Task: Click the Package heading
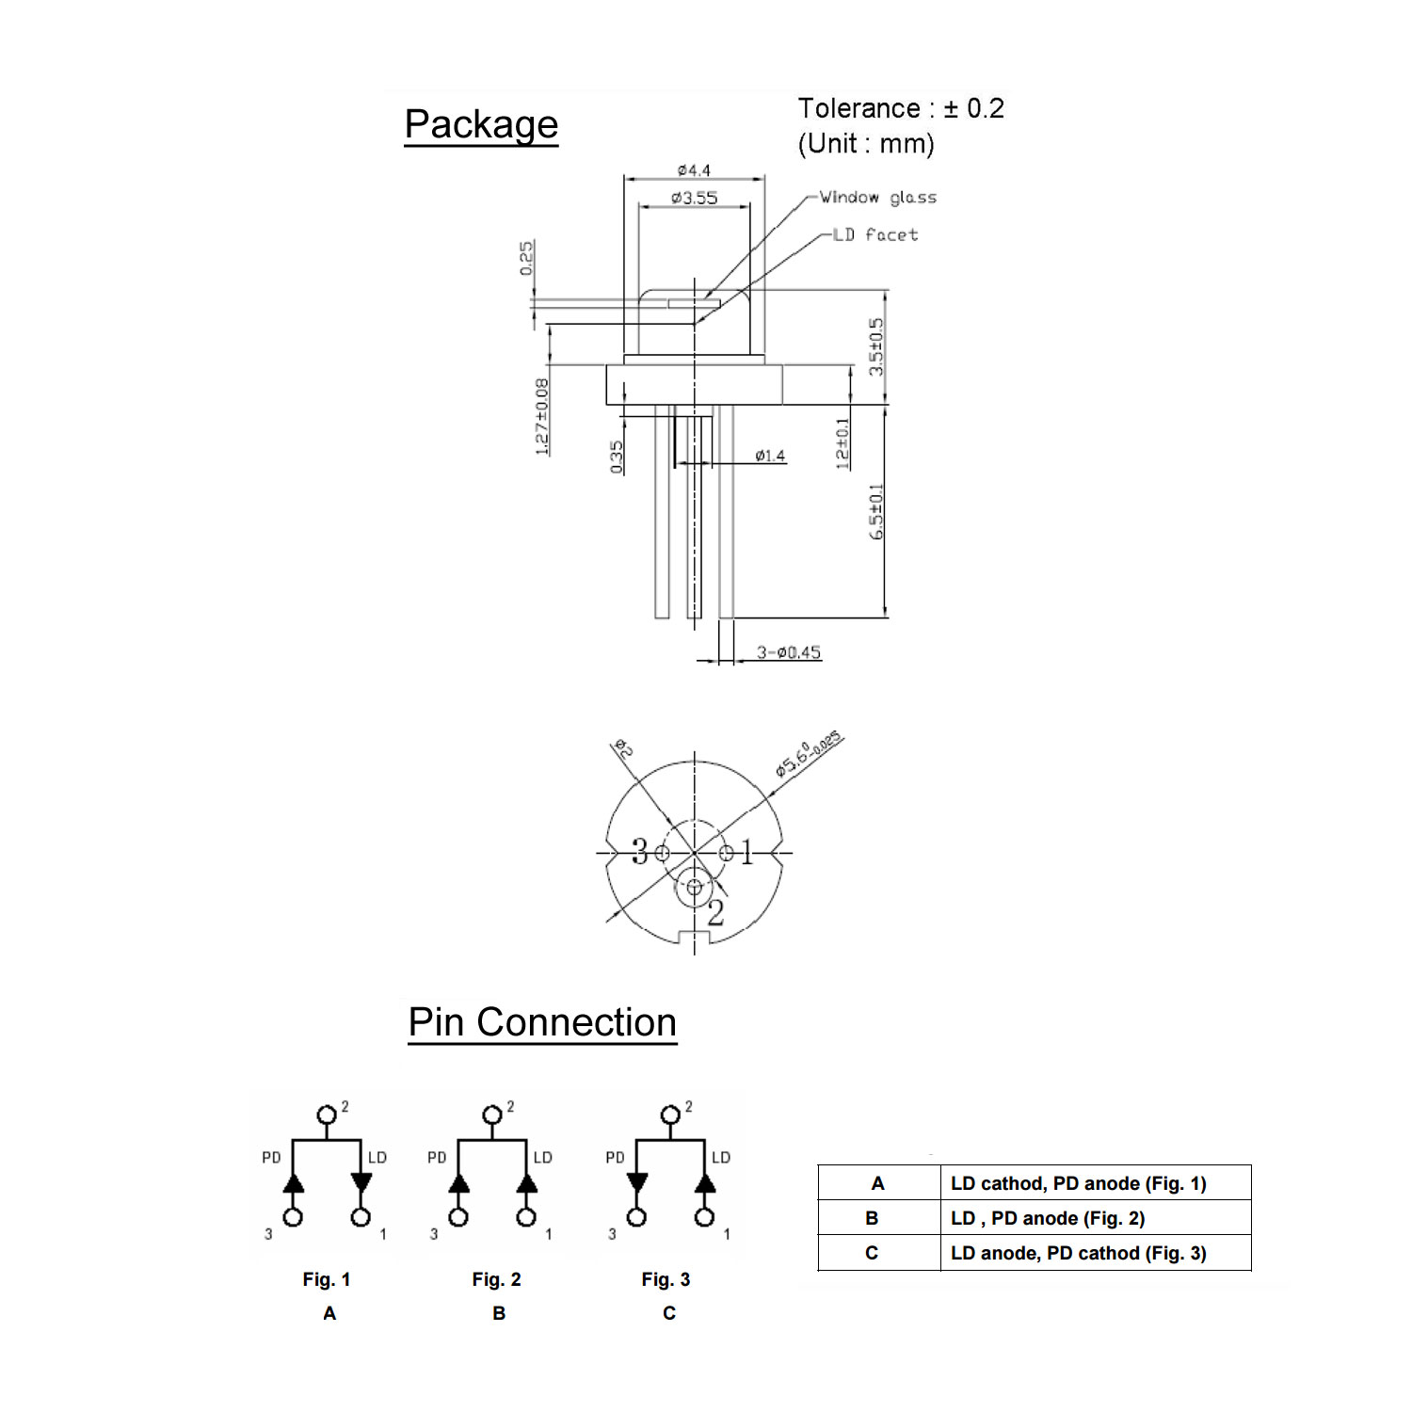[x=481, y=124]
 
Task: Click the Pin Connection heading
[x=542, y=1022]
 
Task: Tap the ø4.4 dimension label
[x=694, y=170]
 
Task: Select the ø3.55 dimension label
[x=694, y=198]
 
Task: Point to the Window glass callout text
[x=877, y=198]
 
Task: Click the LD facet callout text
[x=875, y=234]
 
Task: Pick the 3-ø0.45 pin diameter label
[x=789, y=652]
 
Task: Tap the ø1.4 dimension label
[x=770, y=457]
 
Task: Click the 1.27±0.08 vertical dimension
[x=542, y=417]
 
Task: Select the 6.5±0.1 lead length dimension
[x=876, y=511]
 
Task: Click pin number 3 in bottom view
[x=640, y=853]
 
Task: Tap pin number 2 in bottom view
[x=715, y=912]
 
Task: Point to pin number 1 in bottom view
[x=747, y=854]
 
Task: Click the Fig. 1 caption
[x=326, y=1279]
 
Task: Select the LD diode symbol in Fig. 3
[x=704, y=1183]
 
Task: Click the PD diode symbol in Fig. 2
[x=459, y=1183]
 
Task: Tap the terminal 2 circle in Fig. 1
[x=327, y=1115]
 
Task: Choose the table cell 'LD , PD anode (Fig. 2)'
[x=1048, y=1218]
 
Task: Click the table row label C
[x=872, y=1253]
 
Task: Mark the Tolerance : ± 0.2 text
[x=901, y=108]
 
